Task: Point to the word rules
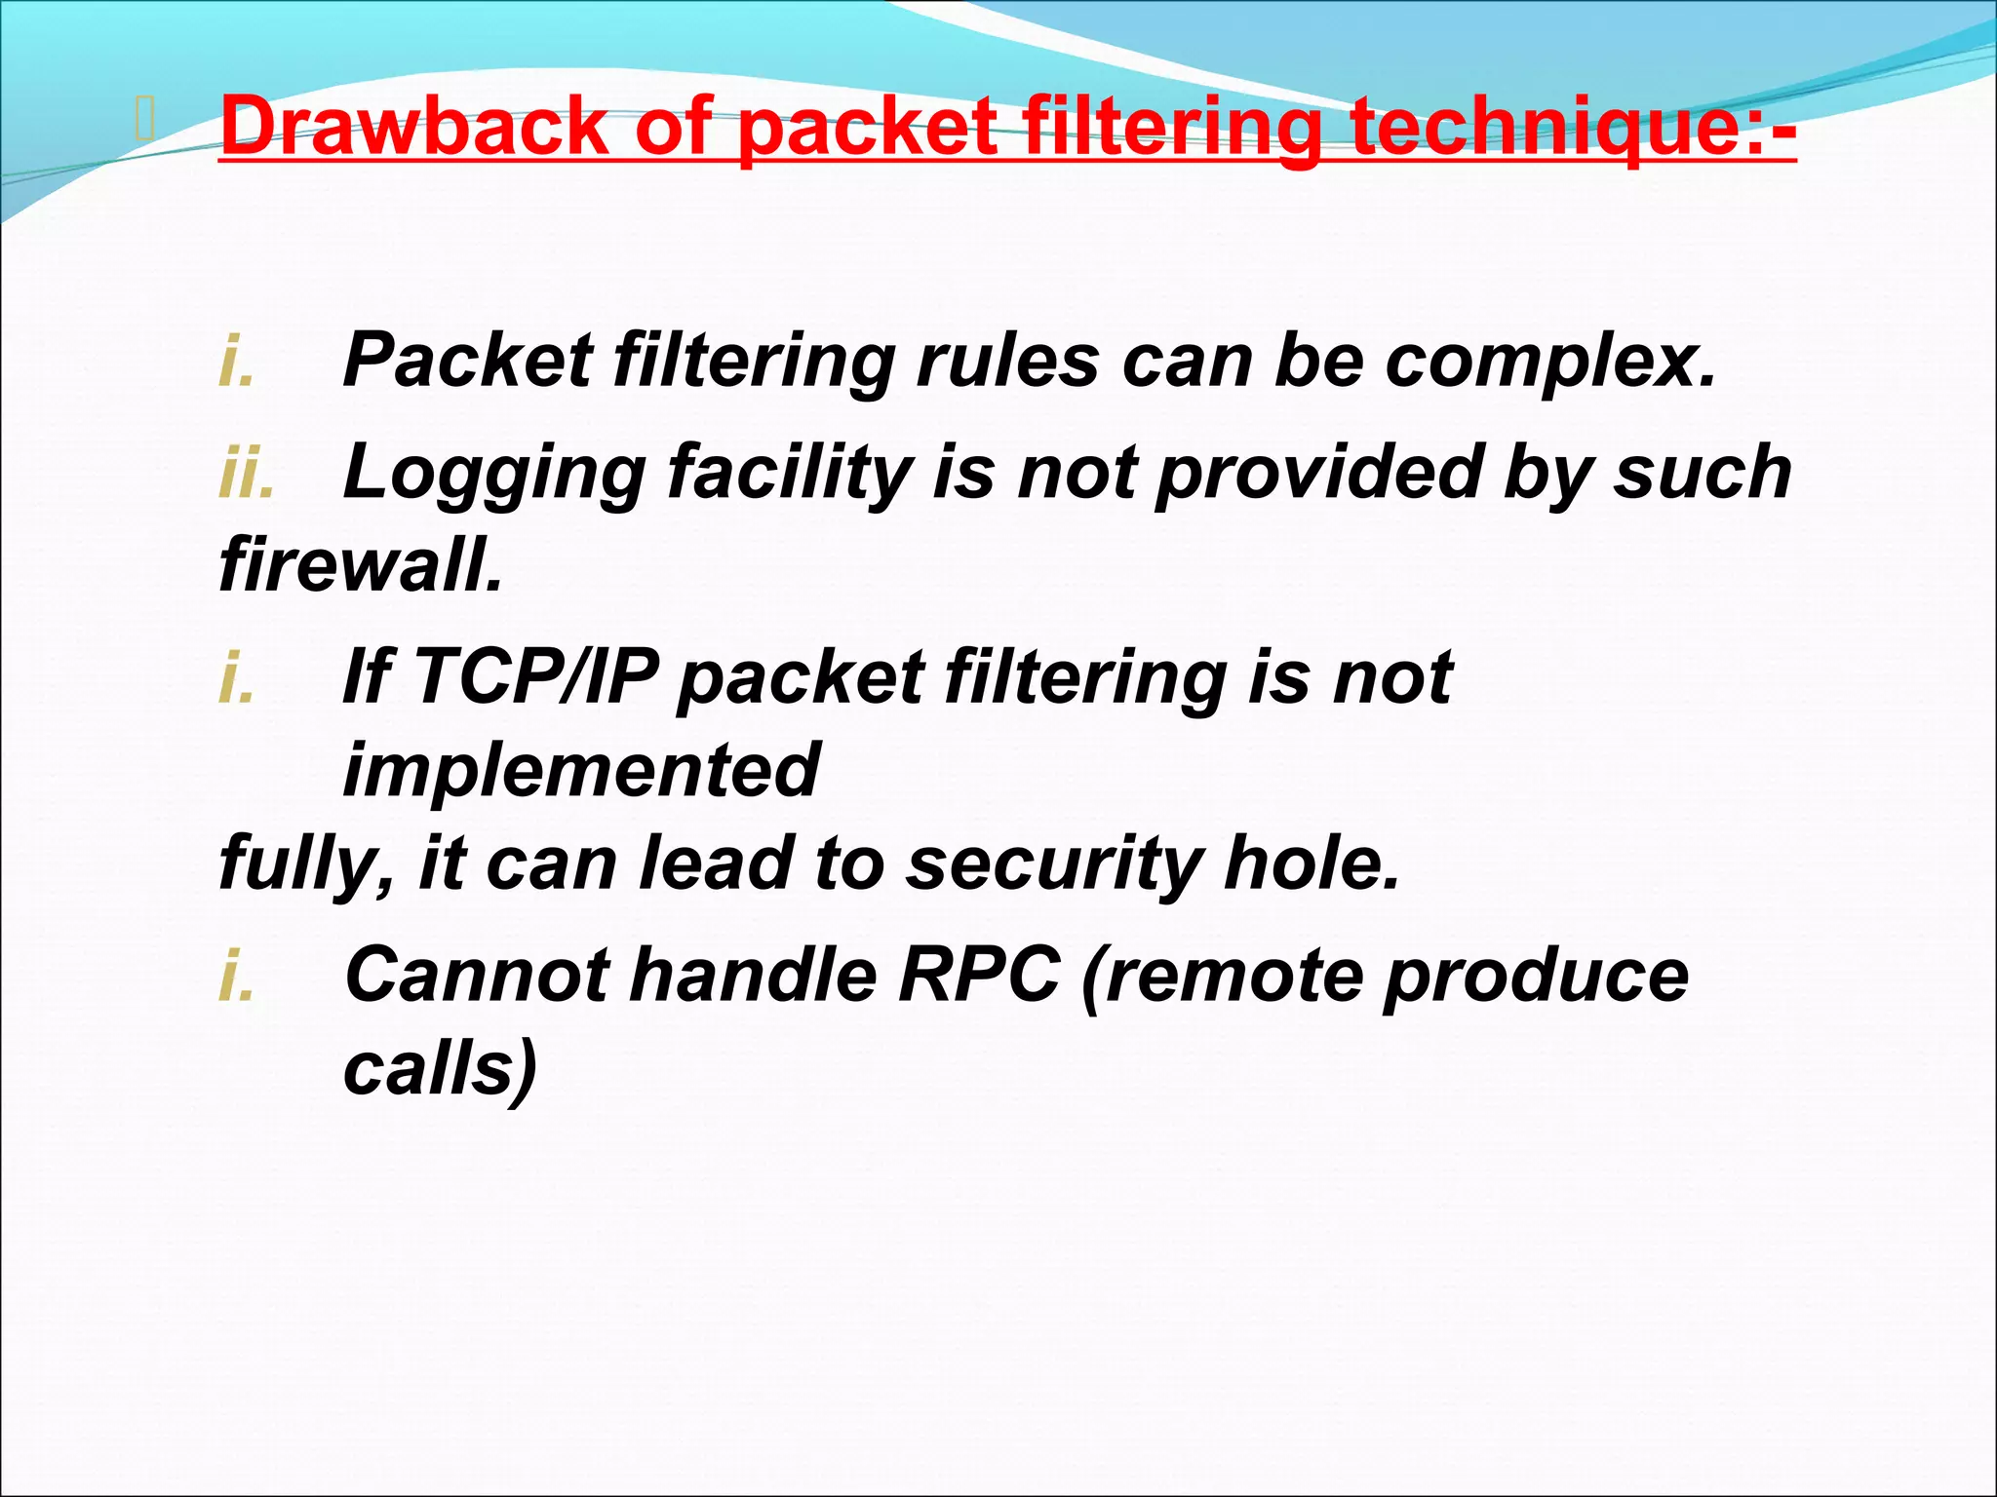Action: point(1008,360)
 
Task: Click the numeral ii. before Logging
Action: point(246,472)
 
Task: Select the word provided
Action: point(1317,472)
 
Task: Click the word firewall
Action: point(361,564)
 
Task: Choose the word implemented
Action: point(581,769)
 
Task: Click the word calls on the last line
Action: point(440,1067)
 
